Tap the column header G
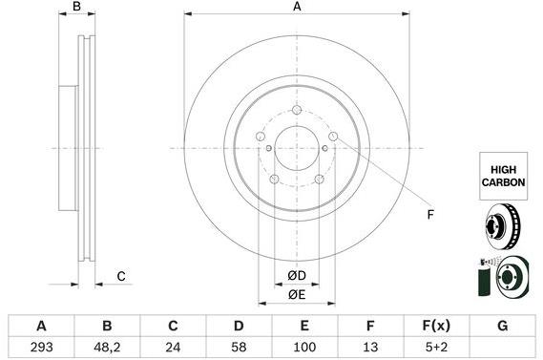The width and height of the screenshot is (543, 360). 502,326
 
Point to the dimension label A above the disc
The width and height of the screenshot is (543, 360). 297,8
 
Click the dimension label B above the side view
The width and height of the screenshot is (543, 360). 79,8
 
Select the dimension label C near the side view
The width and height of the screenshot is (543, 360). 121,277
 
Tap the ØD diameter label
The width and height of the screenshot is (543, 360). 297,277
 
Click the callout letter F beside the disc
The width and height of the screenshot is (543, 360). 429,214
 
